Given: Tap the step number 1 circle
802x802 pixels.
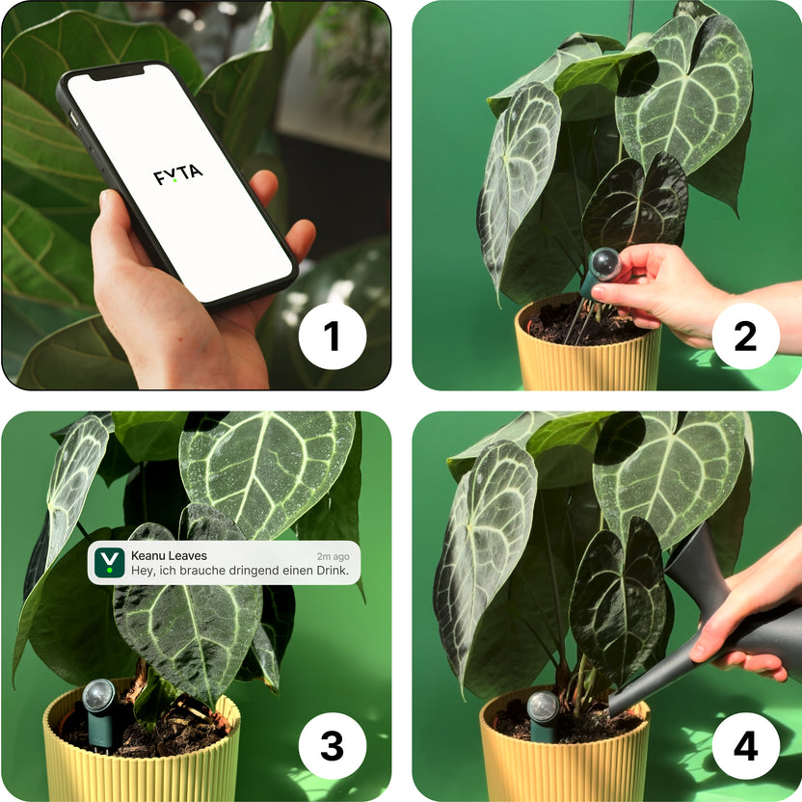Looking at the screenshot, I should (x=332, y=336).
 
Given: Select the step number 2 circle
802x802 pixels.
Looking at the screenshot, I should (x=745, y=336).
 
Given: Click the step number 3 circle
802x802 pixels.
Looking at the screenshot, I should (x=332, y=746).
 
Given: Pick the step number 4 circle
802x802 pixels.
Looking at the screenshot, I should (x=745, y=746).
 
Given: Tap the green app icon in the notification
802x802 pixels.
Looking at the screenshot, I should (x=113, y=563).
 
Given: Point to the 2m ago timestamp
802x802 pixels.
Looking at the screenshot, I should (x=333, y=556).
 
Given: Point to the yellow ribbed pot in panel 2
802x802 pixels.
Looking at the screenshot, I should (x=588, y=361).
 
